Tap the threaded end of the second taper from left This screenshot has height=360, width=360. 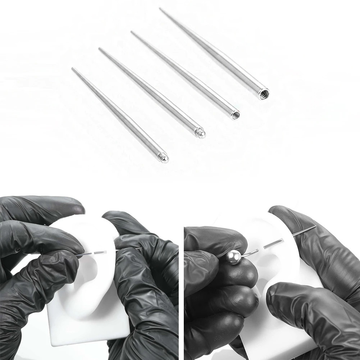pos(201,133)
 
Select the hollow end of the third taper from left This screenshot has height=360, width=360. pos(235,115)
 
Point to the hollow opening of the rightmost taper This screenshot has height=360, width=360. pos(264,94)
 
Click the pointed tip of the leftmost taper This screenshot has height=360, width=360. pos(72,68)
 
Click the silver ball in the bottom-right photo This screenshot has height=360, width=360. pos(233,257)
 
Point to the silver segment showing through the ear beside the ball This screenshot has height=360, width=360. pos(273,245)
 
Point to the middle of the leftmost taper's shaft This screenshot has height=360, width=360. pos(119,113)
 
